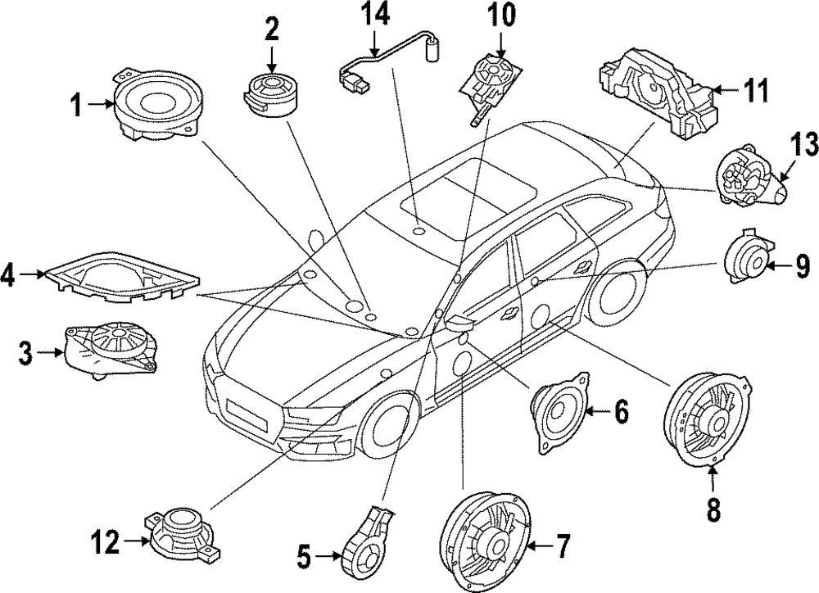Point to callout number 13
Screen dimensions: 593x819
click(804, 146)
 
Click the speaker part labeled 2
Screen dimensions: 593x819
click(270, 92)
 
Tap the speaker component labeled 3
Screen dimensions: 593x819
click(111, 348)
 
